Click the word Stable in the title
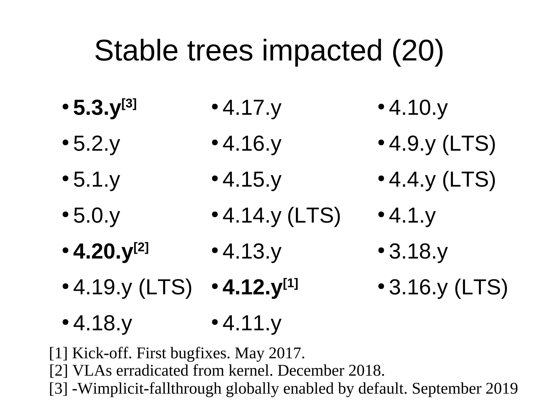[136, 51]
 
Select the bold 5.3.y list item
[97, 108]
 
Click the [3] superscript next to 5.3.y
[129, 104]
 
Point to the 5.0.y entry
[97, 216]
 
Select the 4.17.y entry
[252, 108]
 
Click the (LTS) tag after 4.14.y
[314, 216]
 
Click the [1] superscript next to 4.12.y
[290, 283]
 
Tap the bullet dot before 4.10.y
[381, 107]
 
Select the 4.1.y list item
[412, 216]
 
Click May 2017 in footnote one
[269, 353]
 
